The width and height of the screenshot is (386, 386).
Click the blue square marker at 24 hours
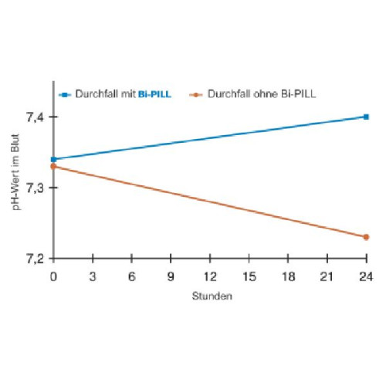(x=366, y=117)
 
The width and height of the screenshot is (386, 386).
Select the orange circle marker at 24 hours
(x=366, y=237)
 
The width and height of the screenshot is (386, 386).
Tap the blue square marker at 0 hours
(x=53, y=159)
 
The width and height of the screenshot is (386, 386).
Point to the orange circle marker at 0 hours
(x=53, y=167)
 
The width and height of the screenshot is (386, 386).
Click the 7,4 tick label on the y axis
(x=35, y=117)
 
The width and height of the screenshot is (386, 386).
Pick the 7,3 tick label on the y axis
(x=35, y=188)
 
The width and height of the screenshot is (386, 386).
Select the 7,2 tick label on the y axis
(x=35, y=259)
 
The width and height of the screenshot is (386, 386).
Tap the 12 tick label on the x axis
(x=210, y=277)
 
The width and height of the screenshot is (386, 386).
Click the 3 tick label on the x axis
(x=93, y=277)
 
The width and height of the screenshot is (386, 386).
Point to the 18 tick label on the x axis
(x=288, y=277)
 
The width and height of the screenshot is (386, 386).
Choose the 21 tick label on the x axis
(x=327, y=277)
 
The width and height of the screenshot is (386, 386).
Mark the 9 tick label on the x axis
(x=171, y=277)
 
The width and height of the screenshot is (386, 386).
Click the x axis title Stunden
(x=212, y=296)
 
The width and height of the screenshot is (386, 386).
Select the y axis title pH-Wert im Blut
(x=16, y=172)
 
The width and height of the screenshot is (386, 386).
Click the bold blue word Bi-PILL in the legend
(x=154, y=94)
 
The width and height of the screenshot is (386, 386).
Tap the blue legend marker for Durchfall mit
(x=65, y=95)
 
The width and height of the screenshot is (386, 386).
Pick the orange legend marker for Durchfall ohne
(x=196, y=95)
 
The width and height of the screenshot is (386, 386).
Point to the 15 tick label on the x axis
(x=249, y=277)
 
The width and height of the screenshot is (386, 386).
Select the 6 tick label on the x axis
(x=132, y=277)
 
